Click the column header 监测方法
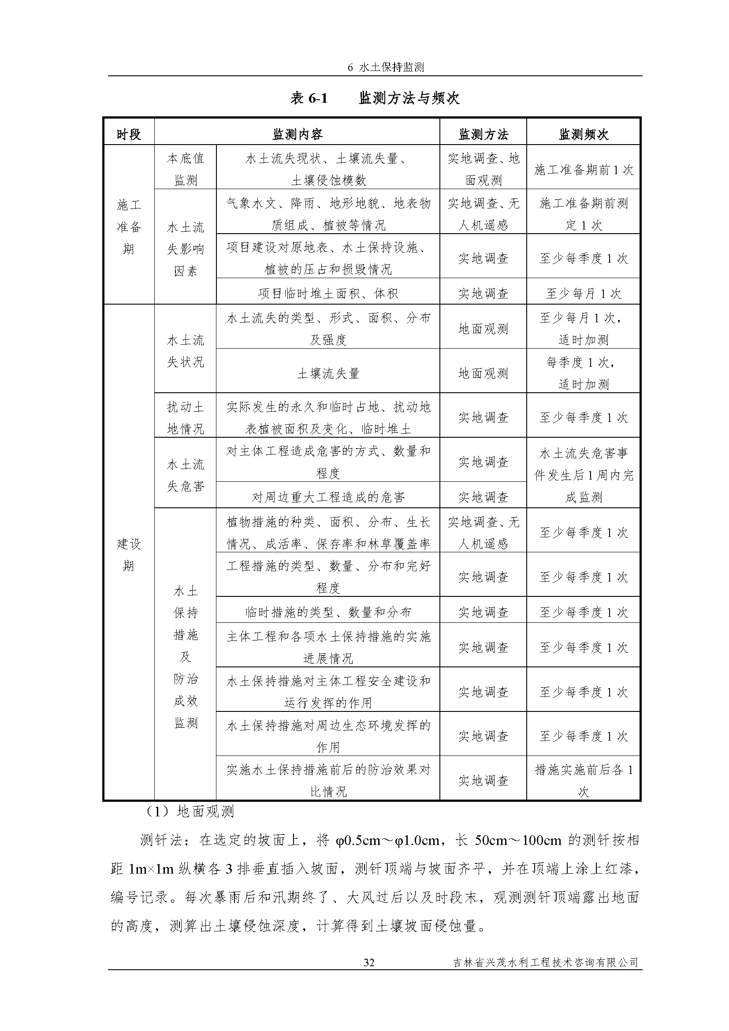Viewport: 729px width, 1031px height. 483,134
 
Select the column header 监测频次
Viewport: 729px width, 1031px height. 583,134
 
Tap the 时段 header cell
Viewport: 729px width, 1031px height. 129,134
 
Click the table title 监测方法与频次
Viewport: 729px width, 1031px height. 409,98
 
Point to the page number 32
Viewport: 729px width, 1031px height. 368,962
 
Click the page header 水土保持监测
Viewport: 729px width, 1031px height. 386,67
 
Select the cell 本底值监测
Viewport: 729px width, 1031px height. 186,169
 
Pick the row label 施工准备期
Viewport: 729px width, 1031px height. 129,227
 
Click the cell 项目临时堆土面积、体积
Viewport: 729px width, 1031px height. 328,293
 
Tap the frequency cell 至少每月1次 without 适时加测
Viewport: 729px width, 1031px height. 583,293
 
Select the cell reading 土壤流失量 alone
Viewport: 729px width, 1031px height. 328,373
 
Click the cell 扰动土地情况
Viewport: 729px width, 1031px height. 186,417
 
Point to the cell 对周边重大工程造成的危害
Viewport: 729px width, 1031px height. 328,497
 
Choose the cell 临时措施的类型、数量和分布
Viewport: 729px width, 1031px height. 328,612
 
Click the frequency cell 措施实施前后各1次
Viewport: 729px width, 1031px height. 583,781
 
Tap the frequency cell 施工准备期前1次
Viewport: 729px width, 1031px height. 583,169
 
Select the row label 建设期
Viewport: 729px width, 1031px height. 129,555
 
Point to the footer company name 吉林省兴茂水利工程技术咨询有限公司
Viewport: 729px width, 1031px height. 545,962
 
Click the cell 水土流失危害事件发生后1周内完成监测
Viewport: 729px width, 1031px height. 583,475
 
